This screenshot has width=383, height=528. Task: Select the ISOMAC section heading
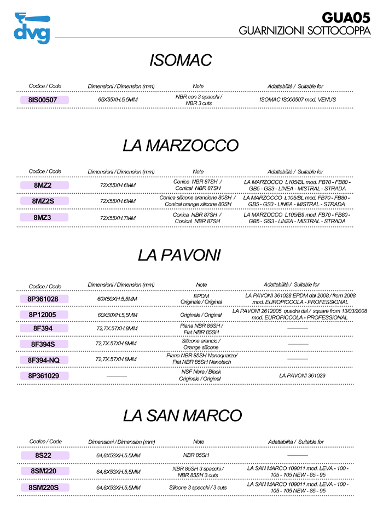point(181,60)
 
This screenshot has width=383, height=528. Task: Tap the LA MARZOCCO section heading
point(181,146)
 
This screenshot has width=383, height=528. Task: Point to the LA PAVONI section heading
point(179,255)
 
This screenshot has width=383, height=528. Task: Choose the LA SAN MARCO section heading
point(182,415)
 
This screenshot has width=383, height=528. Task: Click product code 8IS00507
point(45,100)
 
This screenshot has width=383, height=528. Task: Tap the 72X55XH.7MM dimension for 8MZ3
point(118,218)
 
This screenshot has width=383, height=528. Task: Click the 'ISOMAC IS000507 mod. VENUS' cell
point(297,100)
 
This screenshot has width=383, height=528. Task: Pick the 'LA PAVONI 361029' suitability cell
point(302,376)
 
